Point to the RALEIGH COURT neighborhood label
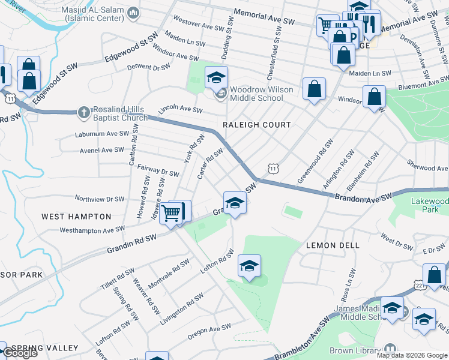256,125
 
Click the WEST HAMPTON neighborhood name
76,216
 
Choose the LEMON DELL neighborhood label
333,245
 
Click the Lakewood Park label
429,206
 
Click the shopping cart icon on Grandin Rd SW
171,212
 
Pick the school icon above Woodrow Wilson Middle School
216,77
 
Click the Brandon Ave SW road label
363,197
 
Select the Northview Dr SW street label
99,199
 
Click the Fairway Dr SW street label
158,171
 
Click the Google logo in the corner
19,353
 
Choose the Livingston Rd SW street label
181,310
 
